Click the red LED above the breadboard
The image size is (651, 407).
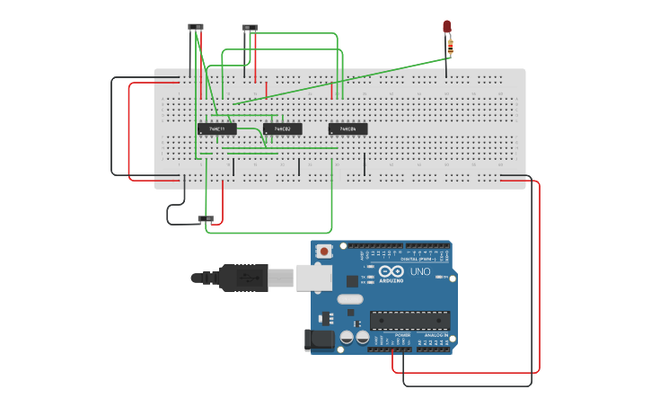447,27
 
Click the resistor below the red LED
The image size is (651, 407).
450,45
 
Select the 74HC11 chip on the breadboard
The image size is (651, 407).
216,129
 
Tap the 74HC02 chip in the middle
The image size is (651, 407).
282,129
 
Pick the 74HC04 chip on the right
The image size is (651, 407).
347,129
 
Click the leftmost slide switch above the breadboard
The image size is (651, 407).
196,27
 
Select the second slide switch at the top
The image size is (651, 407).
250,28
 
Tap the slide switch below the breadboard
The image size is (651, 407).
206,218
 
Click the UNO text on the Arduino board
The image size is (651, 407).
420,271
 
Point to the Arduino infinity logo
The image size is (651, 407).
391,272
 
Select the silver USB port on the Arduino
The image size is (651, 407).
314,278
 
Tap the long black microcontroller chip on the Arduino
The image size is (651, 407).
410,320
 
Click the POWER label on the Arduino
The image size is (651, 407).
402,334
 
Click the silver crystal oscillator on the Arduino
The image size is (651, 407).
350,299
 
